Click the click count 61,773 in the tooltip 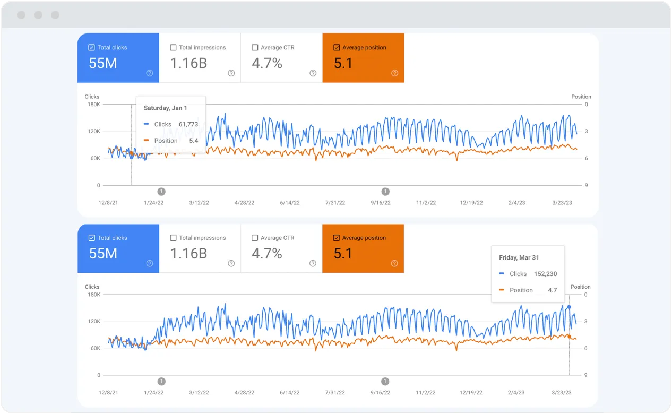click(x=188, y=124)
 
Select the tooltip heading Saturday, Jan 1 click(x=165, y=108)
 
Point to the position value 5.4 click(x=193, y=141)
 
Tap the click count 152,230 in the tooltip click(x=544, y=274)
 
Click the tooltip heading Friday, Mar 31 click(x=519, y=257)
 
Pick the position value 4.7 click(x=552, y=290)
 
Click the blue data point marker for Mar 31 click(x=569, y=307)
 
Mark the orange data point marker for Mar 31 click(x=569, y=336)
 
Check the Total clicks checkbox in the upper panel click(x=91, y=48)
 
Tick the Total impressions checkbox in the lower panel click(x=173, y=238)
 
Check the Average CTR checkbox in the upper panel click(x=255, y=48)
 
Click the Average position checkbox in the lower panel click(x=337, y=238)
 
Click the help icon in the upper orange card click(x=394, y=73)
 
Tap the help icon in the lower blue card click(x=149, y=263)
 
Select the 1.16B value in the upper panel click(x=188, y=64)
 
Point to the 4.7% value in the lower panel click(x=266, y=254)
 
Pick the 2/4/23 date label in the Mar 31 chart click(x=516, y=393)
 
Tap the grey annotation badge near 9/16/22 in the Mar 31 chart click(x=385, y=381)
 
